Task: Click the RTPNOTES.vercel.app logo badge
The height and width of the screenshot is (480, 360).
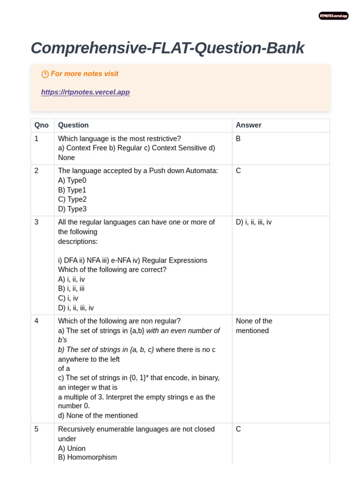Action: [333, 16]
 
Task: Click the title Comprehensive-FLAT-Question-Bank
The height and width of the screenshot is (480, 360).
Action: [167, 48]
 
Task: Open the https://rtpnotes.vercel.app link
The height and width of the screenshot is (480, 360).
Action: [85, 92]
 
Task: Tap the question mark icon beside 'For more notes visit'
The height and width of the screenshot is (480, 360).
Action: [45, 74]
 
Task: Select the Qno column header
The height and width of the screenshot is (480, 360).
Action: [41, 125]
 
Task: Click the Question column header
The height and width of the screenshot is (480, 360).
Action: [73, 125]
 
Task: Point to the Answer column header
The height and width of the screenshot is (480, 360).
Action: [248, 125]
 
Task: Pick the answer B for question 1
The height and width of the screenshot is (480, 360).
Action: [238, 139]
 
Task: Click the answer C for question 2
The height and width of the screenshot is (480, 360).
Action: [238, 171]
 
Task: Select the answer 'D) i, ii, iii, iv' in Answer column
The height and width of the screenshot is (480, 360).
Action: [254, 222]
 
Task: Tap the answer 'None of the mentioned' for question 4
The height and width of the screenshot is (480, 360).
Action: [254, 326]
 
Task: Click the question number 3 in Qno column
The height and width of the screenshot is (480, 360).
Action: [37, 222]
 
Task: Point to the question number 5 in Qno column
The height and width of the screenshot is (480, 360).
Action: [37, 429]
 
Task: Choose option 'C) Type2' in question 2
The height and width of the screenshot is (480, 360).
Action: [72, 199]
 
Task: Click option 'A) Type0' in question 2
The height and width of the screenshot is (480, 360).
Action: [72, 180]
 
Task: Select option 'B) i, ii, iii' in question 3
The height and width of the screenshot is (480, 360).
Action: [71, 289]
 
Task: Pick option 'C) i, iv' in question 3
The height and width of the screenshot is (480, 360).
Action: [68, 298]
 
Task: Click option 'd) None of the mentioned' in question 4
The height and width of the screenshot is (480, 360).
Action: [97, 415]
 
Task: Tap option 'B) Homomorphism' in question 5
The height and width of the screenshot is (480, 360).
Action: [87, 457]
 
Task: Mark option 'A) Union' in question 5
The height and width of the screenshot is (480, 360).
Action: [72, 448]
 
